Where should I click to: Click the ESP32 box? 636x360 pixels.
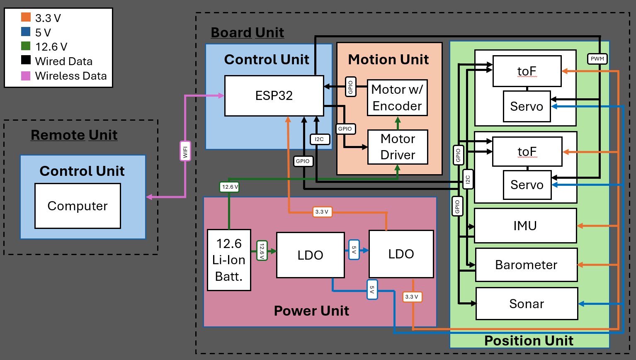274,96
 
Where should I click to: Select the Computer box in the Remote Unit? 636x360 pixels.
78,206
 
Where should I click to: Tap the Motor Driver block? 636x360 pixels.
398,147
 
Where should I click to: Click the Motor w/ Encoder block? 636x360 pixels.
397,98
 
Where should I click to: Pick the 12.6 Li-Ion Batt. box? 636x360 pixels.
229,260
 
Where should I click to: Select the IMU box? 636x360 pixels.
525,226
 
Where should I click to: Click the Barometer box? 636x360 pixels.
526,265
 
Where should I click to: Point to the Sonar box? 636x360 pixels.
526,304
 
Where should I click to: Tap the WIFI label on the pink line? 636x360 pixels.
185,151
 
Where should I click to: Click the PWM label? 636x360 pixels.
597,59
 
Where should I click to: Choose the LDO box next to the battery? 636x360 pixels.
310,255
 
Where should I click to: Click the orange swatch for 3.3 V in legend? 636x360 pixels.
26,17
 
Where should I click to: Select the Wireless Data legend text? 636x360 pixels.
71,76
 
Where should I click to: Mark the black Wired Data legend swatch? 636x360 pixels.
26,60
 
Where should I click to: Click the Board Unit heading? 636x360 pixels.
247,32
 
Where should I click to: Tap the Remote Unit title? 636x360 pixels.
74,135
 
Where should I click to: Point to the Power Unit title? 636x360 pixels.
311,311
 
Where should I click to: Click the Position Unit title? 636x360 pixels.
529,341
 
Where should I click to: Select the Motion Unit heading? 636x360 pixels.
388,60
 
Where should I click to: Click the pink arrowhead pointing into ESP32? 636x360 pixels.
221,96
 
